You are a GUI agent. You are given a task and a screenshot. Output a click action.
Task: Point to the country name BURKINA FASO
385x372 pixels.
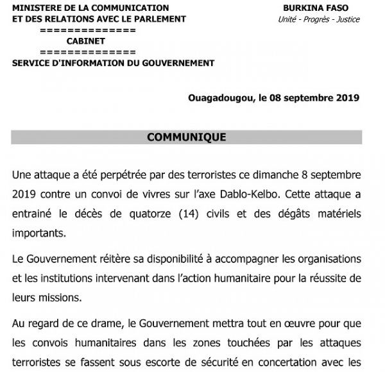point(318,8)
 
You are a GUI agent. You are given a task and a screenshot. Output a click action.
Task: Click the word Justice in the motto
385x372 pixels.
point(347,19)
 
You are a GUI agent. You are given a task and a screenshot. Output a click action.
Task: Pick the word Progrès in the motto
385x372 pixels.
point(313,19)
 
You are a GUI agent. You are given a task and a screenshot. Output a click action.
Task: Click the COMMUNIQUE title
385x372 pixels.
point(186,137)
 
